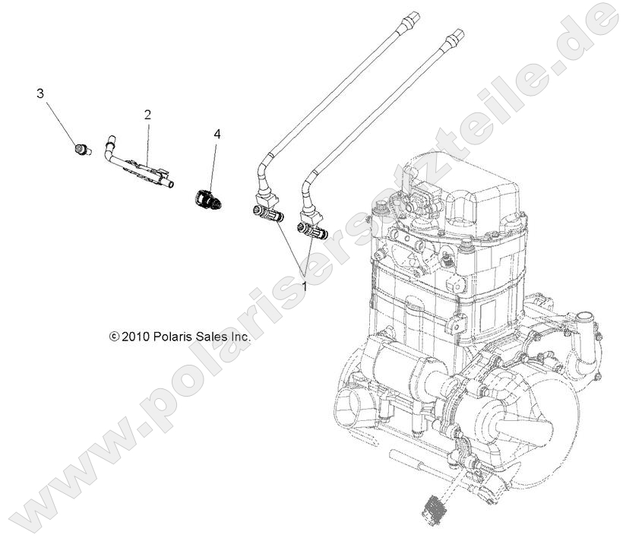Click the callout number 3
40,93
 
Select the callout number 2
147,115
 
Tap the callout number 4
217,134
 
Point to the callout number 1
305,287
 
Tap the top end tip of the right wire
456,34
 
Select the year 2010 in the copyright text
137,335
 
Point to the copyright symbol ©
114,335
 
